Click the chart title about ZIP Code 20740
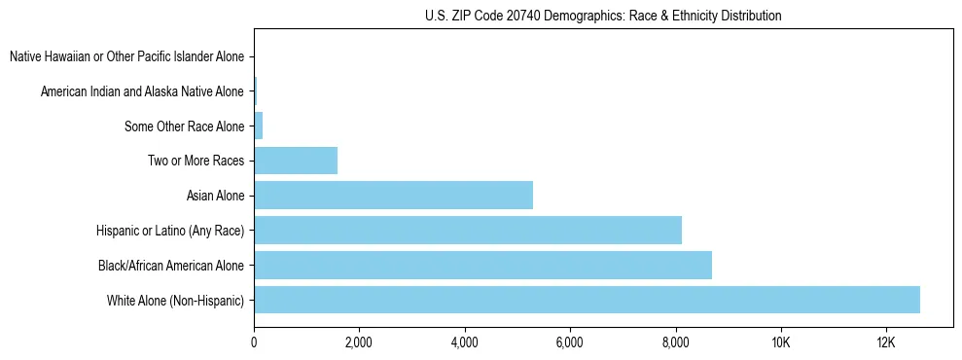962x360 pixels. click(x=603, y=16)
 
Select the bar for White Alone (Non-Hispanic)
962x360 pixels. click(x=587, y=300)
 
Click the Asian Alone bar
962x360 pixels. click(x=393, y=196)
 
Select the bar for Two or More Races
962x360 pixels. click(x=296, y=161)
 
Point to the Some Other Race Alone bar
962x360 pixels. click(x=259, y=126)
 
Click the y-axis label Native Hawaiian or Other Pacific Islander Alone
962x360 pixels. click(x=126, y=56)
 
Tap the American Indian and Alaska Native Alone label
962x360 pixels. click(x=142, y=91)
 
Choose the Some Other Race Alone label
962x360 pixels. click(x=184, y=126)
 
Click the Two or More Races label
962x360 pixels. click(x=196, y=161)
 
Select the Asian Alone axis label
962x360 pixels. click(x=215, y=196)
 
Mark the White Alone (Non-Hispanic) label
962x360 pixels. click(x=175, y=300)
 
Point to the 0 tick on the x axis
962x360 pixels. click(x=254, y=342)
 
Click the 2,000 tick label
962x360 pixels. click(x=359, y=342)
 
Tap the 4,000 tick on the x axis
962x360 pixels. click(x=464, y=342)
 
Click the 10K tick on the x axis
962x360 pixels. click(x=780, y=342)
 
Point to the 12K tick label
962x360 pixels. click(x=885, y=342)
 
